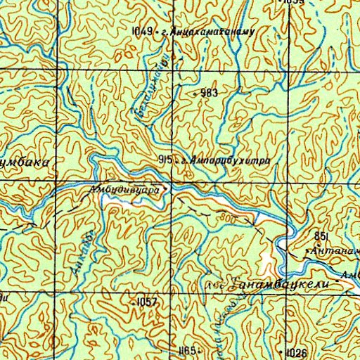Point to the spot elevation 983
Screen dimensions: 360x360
point(209,93)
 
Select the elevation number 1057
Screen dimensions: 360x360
point(147,301)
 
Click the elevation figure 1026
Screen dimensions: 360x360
point(297,352)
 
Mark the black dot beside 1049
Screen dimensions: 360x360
point(156,32)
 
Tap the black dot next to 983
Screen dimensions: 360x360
point(195,93)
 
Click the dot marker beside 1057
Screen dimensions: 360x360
point(133,301)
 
